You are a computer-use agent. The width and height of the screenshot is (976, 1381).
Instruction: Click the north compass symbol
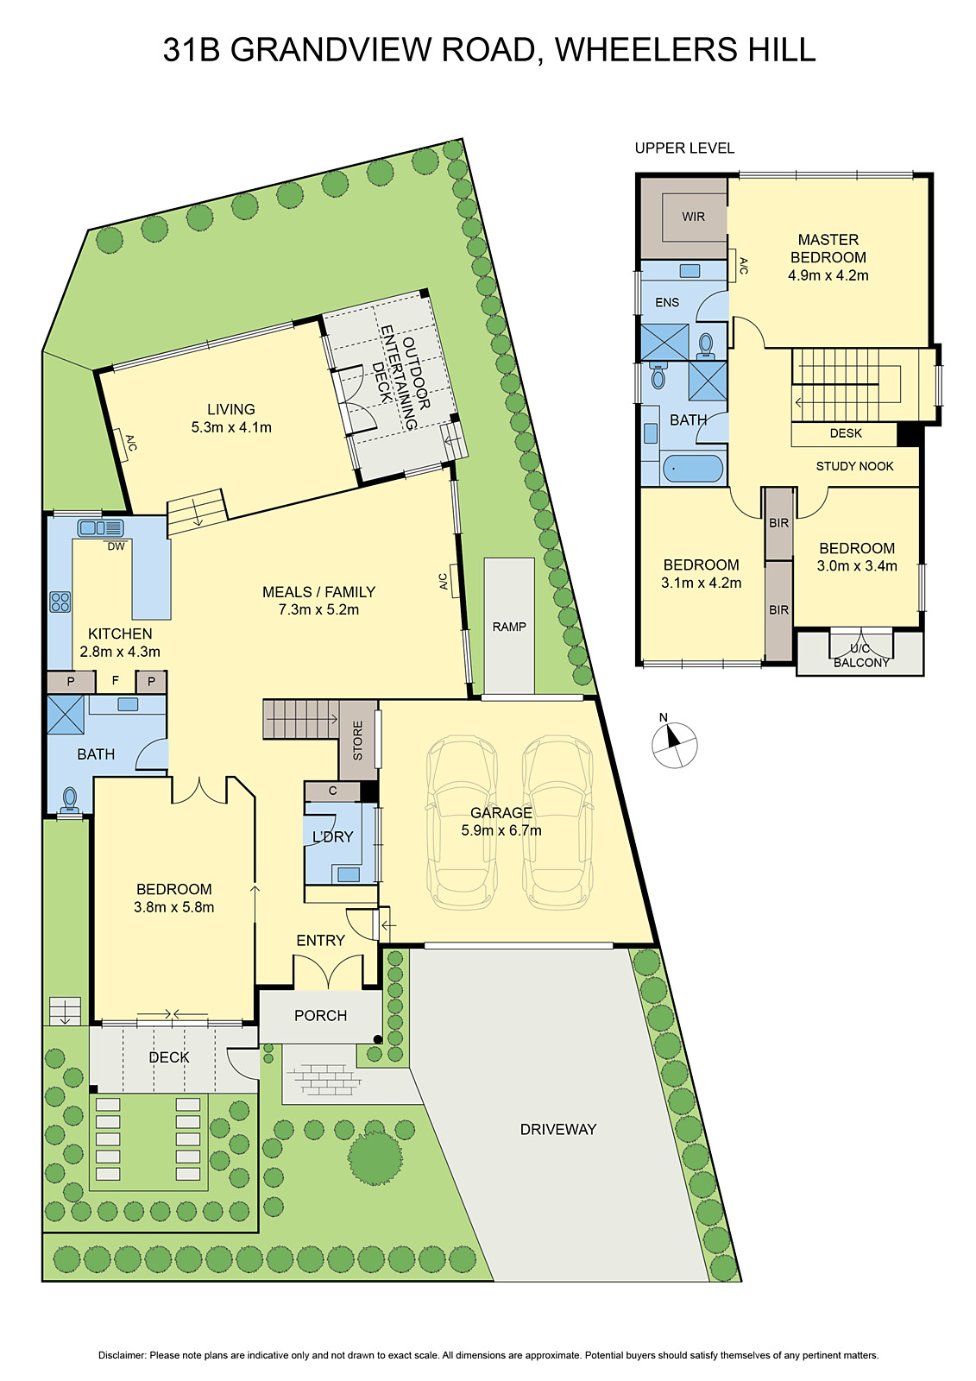point(674,744)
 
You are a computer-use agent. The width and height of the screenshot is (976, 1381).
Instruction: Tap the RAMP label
point(509,627)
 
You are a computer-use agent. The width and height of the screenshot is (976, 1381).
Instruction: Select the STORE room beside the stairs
point(357,741)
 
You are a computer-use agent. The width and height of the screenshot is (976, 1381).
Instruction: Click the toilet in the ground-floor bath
point(69,799)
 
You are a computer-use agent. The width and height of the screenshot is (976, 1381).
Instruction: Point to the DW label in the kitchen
point(116,546)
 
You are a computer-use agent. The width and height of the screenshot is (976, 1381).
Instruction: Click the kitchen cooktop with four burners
point(60,601)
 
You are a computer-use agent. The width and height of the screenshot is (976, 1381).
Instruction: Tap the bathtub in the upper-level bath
point(693,470)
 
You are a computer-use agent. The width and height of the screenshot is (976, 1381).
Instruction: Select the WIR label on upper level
point(693,217)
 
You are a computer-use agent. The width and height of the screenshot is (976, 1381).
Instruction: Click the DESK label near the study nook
point(846,433)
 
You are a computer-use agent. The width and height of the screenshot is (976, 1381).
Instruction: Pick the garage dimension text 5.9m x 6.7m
point(501,830)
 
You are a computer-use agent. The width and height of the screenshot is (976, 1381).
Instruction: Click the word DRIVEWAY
point(557,1129)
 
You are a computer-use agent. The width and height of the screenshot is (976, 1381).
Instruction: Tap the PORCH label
point(320,1016)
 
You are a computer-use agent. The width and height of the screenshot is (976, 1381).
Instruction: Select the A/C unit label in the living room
point(131,443)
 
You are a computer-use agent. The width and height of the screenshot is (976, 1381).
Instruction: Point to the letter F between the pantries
point(115,681)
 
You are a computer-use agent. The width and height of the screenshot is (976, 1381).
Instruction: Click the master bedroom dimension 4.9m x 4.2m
point(828,275)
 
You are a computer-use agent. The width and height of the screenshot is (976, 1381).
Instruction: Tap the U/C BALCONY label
point(860,656)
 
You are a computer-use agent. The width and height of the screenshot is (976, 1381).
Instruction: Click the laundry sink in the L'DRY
point(349,874)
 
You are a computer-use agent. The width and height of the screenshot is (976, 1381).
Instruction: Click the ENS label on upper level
point(667,302)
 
